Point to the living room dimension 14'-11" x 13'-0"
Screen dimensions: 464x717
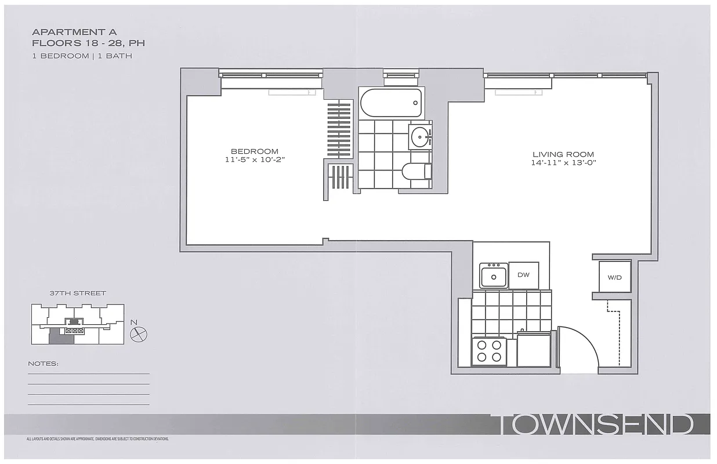[563, 163]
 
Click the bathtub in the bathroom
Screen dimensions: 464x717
[390, 103]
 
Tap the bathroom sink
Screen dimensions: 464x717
[419, 137]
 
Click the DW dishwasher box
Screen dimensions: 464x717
[523, 275]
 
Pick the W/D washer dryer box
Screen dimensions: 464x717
[614, 277]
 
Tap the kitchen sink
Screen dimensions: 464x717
[494, 276]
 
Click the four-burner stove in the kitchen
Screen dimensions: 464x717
[489, 351]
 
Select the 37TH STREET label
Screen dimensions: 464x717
[78, 293]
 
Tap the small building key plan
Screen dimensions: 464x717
[77, 324]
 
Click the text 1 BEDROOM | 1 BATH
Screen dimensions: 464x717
[82, 56]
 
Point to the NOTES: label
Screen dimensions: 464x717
[43, 364]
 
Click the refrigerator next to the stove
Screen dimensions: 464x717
[534, 350]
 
